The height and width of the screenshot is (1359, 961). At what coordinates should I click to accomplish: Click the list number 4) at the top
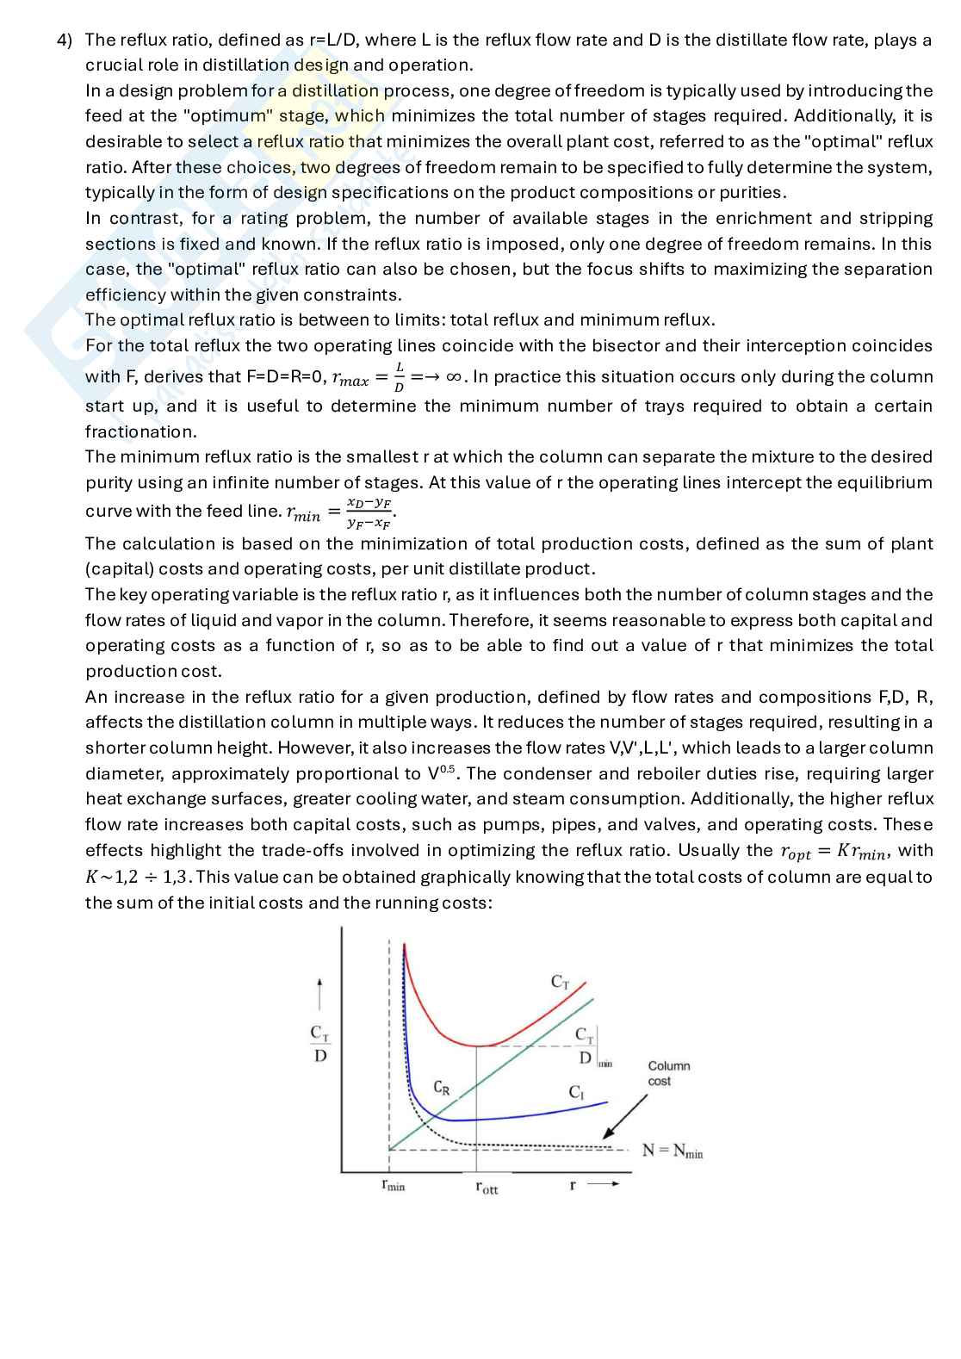pos(65,40)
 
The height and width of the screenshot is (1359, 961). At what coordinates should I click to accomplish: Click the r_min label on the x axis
pos(393,1186)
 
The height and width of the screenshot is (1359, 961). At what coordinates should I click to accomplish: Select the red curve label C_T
pos(560,982)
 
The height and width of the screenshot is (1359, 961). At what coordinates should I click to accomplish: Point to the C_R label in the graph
pos(441,1088)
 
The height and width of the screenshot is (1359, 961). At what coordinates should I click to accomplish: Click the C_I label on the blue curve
pos(576,1092)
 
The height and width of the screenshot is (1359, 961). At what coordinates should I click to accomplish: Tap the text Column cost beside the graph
pos(668,1073)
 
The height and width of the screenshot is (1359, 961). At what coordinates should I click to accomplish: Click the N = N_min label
pos(673,1151)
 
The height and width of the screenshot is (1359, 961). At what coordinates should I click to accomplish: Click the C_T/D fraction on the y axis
pos(319,1043)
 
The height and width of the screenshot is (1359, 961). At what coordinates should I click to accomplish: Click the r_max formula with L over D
pos(370,377)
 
